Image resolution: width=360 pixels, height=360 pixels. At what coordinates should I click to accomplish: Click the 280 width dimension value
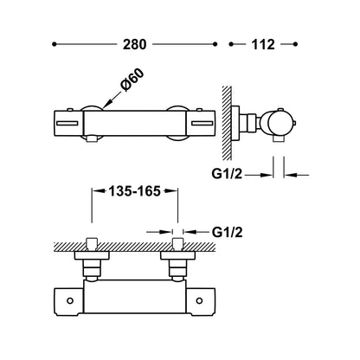[135, 44]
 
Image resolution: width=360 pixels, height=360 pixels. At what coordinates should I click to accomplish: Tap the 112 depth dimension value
[263, 44]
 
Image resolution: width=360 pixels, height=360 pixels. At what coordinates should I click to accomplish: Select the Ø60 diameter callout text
[132, 80]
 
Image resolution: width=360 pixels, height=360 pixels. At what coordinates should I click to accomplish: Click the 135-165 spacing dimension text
[134, 190]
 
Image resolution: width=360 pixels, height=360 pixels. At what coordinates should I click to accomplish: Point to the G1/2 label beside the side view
[227, 174]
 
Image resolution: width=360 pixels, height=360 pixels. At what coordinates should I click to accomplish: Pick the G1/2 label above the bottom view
[228, 232]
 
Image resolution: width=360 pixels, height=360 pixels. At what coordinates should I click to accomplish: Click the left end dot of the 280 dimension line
[54, 44]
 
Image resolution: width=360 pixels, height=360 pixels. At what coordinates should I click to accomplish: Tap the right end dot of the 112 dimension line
[295, 44]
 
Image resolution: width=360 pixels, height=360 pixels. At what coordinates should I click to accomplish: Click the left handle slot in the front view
[67, 124]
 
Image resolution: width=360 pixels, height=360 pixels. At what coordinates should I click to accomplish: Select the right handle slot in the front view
[202, 124]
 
